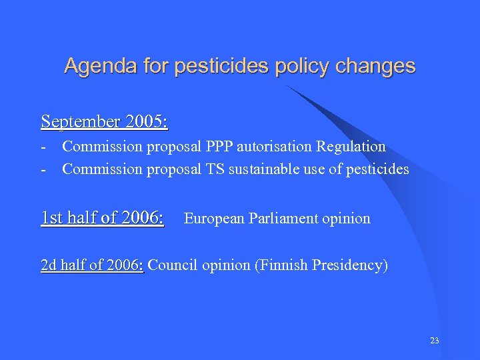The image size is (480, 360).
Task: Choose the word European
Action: coord(214,218)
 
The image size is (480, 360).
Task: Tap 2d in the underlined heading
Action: coord(49,265)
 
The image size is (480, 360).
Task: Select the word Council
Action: coord(173,265)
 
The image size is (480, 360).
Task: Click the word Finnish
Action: coord(281,265)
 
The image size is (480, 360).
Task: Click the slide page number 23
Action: coord(435,341)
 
